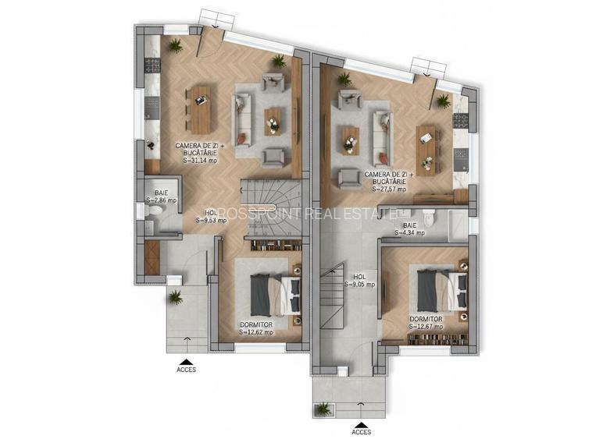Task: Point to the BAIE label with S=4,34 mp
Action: point(409,232)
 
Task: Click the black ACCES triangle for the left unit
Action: point(186,361)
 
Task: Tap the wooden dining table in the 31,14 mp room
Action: point(201,109)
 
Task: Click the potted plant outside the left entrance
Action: point(175,296)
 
